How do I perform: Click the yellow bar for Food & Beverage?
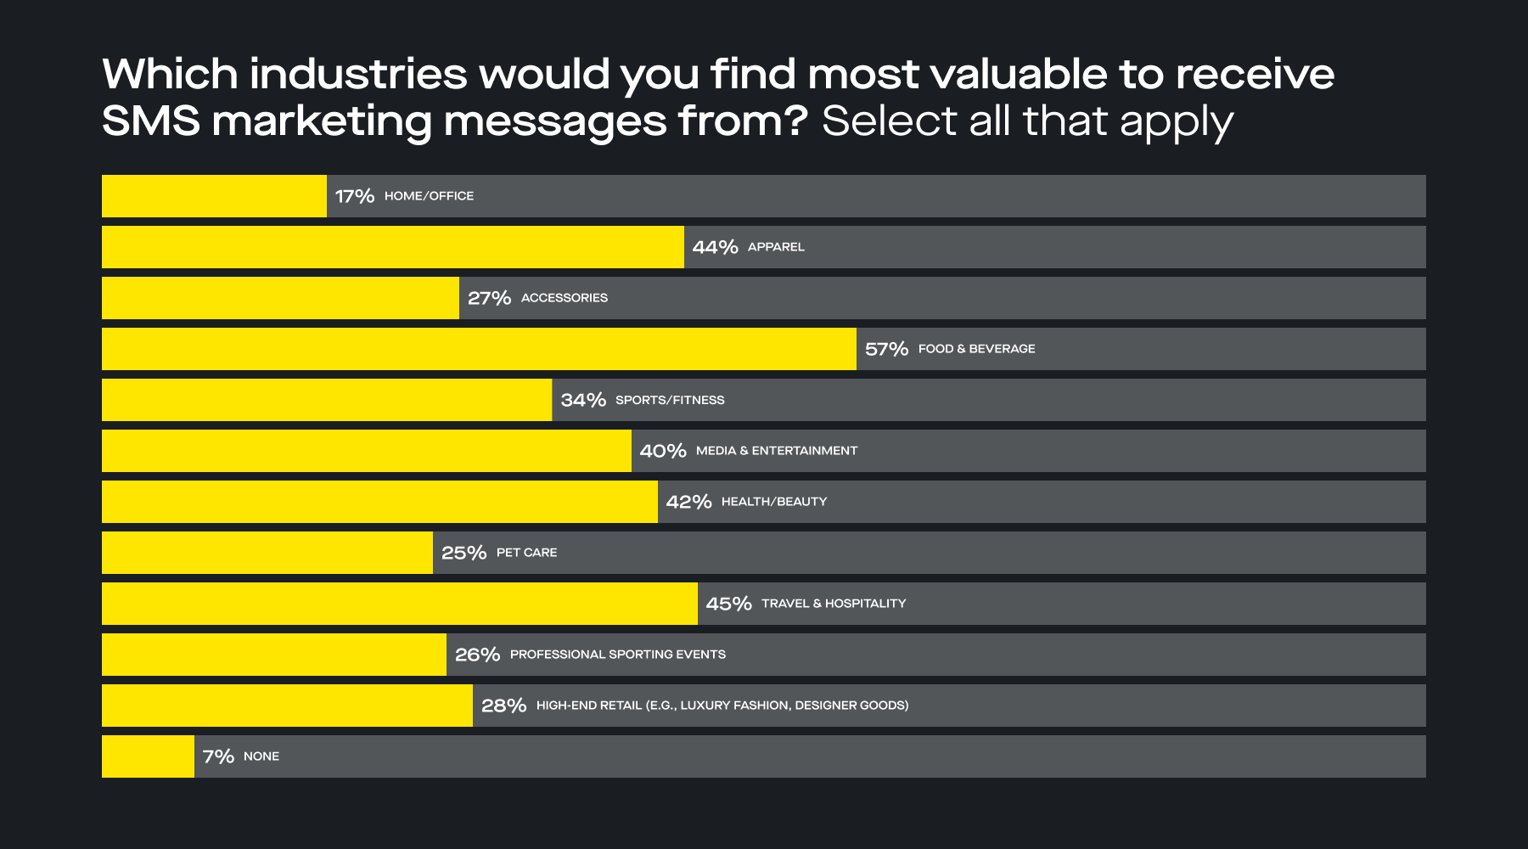coord(479,349)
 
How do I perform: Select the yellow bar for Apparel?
coord(392,247)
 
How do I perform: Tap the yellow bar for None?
coord(148,756)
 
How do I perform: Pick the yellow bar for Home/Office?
coord(214,196)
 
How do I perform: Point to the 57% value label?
coord(886,349)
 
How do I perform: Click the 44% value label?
coord(715,247)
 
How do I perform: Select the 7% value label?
coord(218,756)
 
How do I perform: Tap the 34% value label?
coord(583,400)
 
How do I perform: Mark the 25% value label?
coord(463,553)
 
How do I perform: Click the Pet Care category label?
coord(526,553)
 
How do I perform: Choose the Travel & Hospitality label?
coord(834,604)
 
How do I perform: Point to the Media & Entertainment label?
coord(777,451)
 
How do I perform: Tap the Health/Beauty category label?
coord(774,502)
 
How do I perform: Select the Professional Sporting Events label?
coord(618,655)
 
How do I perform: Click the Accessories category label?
coord(565,298)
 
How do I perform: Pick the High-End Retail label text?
coord(722,706)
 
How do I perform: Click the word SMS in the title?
coord(150,121)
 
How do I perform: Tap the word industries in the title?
coord(357,74)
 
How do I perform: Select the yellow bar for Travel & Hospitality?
coord(399,604)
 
